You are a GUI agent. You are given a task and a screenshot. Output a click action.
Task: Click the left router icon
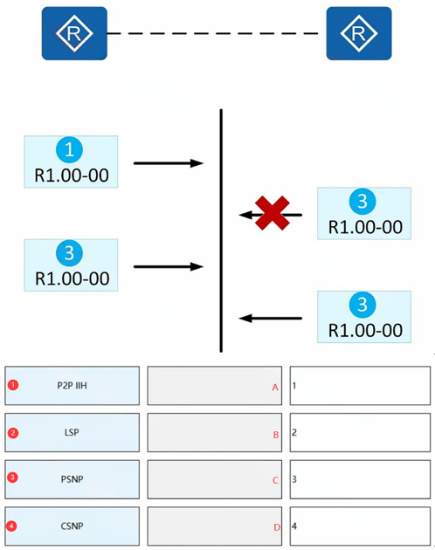coord(74,33)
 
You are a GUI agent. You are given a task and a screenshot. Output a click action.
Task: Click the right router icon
coord(359,33)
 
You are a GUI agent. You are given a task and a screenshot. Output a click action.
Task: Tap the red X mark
coord(273,213)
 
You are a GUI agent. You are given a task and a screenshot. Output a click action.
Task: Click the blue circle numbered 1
coord(70,150)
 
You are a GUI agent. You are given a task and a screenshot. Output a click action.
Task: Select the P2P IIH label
coord(72,386)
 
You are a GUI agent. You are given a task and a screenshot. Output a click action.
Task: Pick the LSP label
coord(72,432)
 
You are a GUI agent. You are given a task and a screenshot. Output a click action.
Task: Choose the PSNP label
coord(72,479)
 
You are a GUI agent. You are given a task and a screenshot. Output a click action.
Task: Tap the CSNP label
coord(72,526)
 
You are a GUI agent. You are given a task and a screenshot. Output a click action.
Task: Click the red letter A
coord(275,388)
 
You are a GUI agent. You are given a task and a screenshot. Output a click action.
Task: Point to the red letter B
coord(276,435)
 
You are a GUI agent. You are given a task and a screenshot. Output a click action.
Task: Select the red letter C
coord(276,480)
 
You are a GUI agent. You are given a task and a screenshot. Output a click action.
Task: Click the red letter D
coord(277,527)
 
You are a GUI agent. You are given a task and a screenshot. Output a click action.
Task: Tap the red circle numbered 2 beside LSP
coord(13,433)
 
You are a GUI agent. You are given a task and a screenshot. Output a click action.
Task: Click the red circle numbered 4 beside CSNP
coord(11,526)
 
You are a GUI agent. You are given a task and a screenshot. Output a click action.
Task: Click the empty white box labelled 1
coord(360,386)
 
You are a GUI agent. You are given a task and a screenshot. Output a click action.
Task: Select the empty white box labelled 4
coord(360,526)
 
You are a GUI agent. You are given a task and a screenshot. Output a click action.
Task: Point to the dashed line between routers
coord(213,34)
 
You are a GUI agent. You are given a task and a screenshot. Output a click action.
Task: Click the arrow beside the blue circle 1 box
coord(169,163)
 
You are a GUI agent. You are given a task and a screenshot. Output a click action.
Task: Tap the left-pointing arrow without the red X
coord(270,318)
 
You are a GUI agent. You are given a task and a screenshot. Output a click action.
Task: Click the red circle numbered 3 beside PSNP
coord(12,478)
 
